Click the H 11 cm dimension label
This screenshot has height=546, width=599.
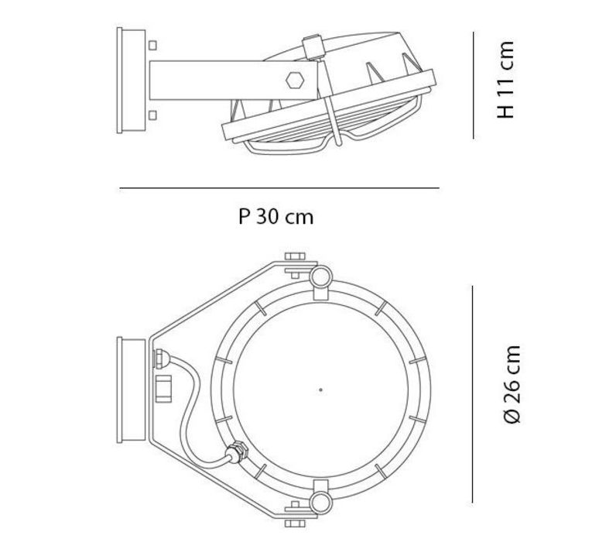pos(505,80)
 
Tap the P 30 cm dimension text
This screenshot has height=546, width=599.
pos(276,216)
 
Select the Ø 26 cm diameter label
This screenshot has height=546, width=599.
pos(512,384)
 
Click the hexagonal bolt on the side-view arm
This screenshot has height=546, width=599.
pos(295,81)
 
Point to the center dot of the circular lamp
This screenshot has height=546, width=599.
pos(320,390)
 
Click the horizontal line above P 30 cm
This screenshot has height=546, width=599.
pos(279,188)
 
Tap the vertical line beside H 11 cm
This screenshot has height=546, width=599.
pos(474,85)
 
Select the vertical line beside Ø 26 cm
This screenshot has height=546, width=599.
pos(473,394)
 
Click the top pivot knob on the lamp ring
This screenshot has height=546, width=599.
pos(320,277)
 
